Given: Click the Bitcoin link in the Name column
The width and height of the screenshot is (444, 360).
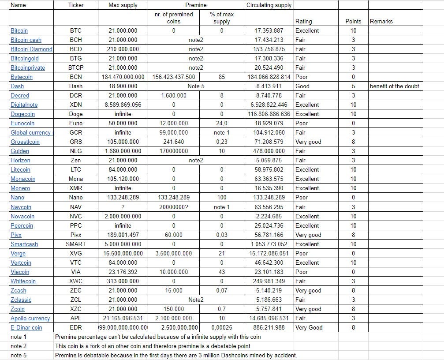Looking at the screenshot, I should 19,31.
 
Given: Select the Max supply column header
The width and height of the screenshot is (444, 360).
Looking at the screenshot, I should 123,5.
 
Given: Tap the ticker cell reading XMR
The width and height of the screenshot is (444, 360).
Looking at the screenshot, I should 75,188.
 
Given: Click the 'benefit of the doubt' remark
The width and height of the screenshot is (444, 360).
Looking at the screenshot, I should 394,86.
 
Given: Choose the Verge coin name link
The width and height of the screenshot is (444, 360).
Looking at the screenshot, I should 18,254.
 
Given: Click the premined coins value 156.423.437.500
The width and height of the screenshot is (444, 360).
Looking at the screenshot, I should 174,77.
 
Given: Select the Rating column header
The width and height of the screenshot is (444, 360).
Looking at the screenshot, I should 303,21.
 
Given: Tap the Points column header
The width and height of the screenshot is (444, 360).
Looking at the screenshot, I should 353,21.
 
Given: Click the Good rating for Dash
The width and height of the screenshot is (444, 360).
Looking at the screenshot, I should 302,86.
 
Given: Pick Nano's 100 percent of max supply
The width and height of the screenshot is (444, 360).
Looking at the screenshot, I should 221,198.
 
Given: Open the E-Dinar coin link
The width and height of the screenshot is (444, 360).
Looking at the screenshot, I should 26,328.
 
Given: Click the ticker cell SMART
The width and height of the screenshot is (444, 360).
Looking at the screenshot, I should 76,244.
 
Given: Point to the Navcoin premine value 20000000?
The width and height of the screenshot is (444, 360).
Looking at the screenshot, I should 174,207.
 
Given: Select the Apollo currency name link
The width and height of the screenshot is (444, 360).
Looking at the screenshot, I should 30,319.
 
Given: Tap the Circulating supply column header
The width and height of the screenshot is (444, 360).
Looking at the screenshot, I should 269,5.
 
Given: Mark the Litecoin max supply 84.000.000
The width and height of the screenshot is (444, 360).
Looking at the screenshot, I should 123,170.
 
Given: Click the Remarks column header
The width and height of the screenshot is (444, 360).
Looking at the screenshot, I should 381,21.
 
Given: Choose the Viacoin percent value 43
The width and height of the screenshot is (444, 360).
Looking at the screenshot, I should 221,272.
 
